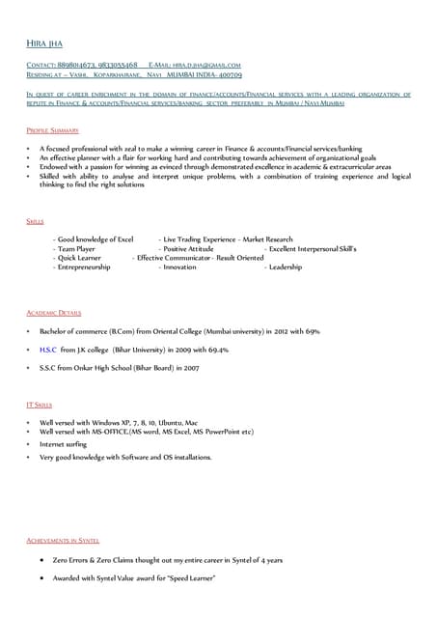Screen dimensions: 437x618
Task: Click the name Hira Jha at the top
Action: point(42,43)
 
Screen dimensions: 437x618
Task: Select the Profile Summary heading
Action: point(52,129)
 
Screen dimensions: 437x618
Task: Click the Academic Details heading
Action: point(54,313)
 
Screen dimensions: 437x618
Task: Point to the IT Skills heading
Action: point(40,405)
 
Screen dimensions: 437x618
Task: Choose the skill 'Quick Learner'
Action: point(79,258)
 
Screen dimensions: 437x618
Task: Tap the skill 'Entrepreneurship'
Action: point(84,267)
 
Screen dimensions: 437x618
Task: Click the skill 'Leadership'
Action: point(286,267)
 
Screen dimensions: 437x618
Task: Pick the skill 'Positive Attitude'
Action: point(188,248)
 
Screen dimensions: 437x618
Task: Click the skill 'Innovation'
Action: point(179,267)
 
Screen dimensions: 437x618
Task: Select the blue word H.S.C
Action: point(47,350)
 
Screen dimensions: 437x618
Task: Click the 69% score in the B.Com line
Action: point(313,331)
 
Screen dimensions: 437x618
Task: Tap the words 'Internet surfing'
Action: point(66,443)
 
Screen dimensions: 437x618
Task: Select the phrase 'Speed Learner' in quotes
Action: point(190,577)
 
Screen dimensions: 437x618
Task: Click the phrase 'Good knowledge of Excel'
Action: point(96,239)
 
